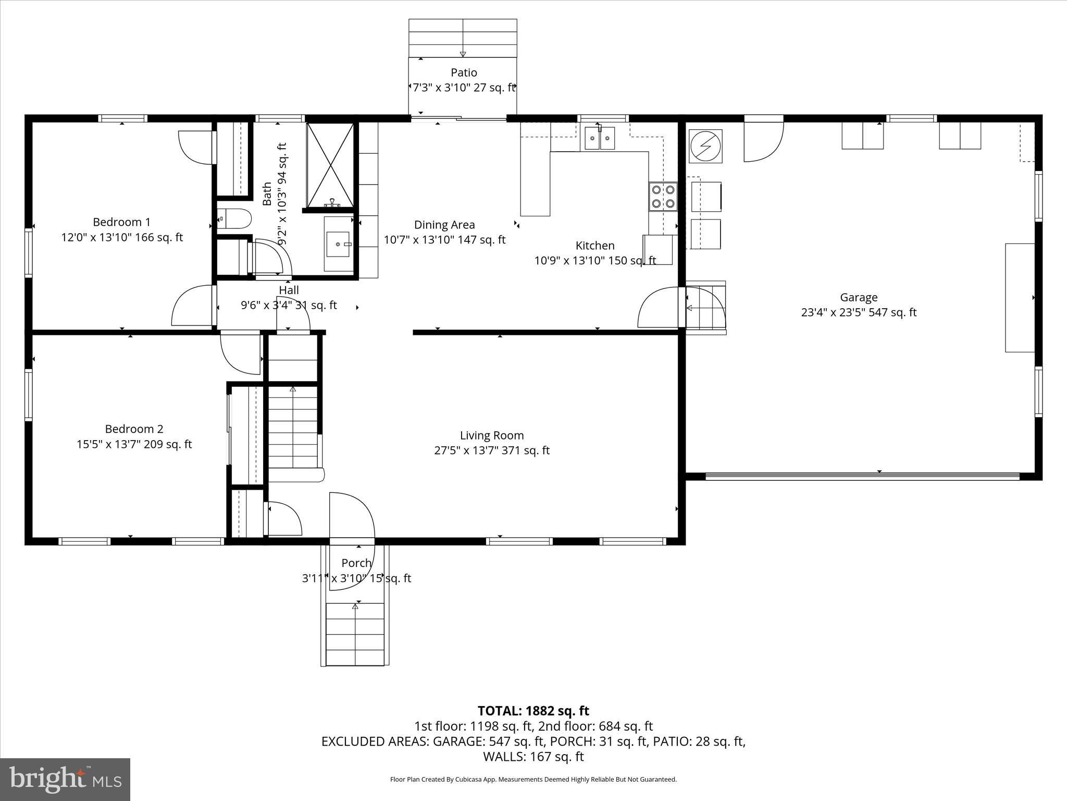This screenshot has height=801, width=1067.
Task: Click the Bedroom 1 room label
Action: [121, 222]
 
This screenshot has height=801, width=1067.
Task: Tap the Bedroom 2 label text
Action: [134, 429]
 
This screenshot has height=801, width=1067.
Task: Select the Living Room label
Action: [492, 435]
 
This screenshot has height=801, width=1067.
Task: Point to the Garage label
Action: [859, 297]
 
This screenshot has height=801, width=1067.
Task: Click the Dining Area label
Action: [444, 225]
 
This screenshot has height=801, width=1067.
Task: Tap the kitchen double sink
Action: [599, 138]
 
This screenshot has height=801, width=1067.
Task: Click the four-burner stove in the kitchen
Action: [663, 197]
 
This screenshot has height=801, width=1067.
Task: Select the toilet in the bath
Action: [234, 220]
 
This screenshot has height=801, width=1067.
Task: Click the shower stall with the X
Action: [330, 165]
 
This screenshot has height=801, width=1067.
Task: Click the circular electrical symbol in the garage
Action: [705, 146]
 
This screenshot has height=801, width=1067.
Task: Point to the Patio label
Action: [464, 72]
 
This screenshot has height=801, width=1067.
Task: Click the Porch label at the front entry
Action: [356, 563]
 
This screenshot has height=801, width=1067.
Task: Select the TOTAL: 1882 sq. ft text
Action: [533, 711]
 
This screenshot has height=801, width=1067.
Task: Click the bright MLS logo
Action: [65, 779]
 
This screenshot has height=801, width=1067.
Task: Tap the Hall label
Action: [289, 290]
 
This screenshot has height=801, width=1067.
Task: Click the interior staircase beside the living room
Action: [293, 428]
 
